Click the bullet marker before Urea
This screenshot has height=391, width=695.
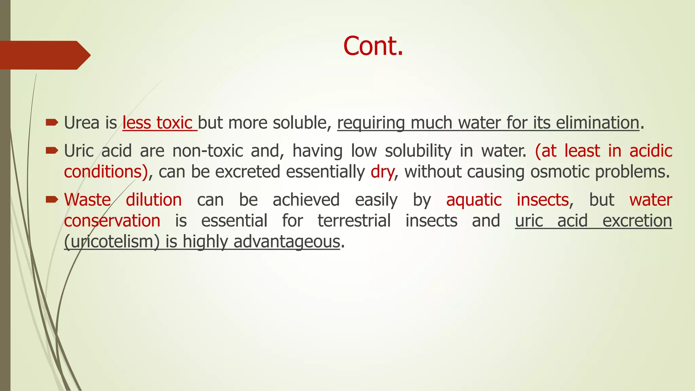[52, 123]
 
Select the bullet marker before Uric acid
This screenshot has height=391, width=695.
[52, 150]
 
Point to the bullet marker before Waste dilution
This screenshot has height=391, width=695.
[52, 200]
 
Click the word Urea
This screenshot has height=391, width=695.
[81, 123]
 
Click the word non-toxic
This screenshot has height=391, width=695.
[208, 151]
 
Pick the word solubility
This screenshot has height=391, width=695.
[418, 151]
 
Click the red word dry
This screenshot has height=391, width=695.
[382, 172]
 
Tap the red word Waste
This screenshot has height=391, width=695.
[88, 200]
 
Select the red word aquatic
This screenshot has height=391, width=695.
[474, 200]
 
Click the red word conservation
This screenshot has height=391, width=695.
[112, 221]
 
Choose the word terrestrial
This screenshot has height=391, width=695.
[354, 221]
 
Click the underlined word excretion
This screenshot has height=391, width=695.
[637, 221]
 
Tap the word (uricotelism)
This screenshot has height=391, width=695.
[112, 242]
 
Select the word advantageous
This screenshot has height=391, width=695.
[287, 242]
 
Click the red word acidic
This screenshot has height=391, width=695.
[651, 151]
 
